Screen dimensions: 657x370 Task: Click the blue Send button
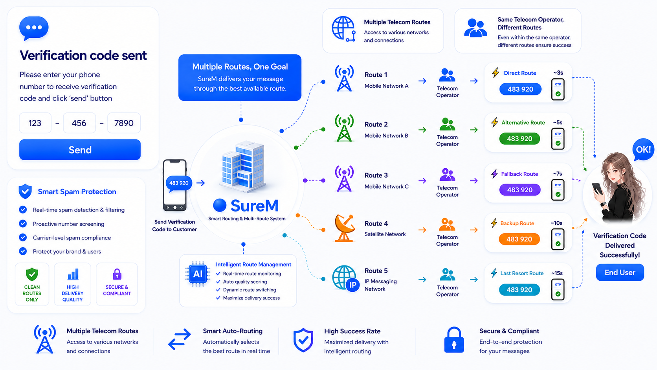[80, 150]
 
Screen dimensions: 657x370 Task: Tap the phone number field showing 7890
[124, 123]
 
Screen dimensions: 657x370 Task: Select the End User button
[620, 272]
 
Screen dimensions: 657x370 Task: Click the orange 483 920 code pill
[519, 239]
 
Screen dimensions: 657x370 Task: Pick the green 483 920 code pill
[519, 138]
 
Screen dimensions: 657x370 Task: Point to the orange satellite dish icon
[345, 228]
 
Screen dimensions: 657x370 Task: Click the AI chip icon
[197, 274]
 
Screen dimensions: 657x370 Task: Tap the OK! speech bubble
[643, 150]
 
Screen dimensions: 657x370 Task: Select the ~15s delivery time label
[557, 273]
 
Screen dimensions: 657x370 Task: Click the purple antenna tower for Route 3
[344, 179]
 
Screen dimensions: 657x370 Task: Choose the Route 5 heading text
[376, 271]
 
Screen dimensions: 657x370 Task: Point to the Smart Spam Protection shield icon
[25, 191]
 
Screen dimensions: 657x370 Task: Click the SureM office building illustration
[243, 167]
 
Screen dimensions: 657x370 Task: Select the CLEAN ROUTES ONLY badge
[32, 284]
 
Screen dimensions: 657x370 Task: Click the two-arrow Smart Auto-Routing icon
[180, 339]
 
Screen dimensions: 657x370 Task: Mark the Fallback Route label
[519, 174]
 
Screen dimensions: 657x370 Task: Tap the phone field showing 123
[35, 123]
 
